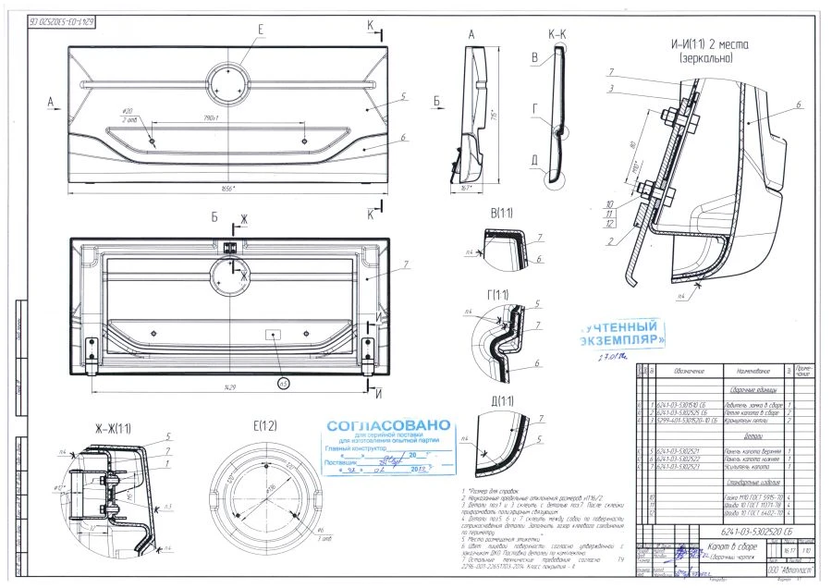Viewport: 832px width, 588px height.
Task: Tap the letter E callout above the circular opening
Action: tap(260, 30)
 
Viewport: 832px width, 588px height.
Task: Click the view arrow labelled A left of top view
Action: tap(51, 99)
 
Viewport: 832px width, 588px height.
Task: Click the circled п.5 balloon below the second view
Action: tap(283, 382)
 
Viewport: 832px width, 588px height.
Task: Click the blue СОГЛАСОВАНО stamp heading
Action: tap(388, 425)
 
